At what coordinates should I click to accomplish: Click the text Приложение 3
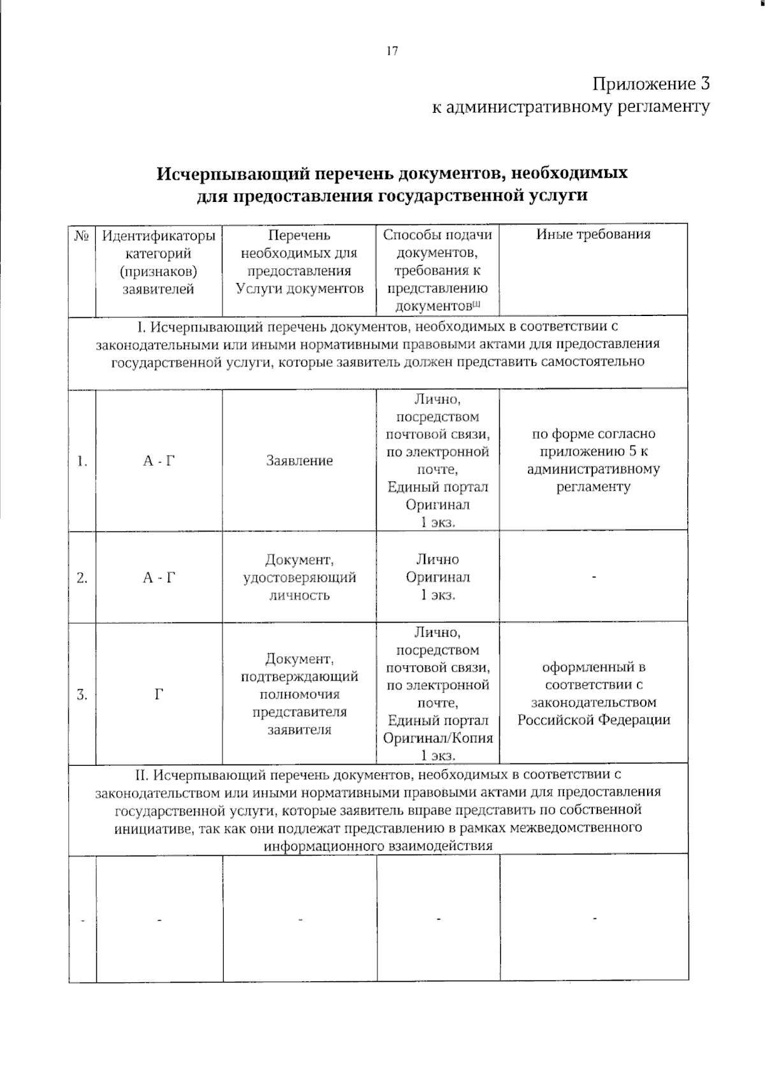click(650, 83)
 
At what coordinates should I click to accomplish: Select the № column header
click(81, 236)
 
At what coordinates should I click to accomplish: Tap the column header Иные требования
click(593, 234)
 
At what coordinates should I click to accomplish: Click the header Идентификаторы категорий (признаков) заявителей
click(159, 262)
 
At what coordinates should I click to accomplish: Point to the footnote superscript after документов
click(476, 304)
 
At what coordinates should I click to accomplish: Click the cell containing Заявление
click(299, 461)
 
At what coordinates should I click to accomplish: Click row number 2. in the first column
click(82, 578)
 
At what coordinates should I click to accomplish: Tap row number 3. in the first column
click(82, 695)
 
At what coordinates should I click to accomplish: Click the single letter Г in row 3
click(159, 695)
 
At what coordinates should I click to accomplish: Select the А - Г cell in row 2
click(159, 578)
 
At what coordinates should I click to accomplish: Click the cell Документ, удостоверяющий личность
click(299, 577)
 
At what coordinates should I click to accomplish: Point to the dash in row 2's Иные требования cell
click(594, 577)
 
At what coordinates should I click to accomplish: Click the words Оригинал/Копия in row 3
click(438, 738)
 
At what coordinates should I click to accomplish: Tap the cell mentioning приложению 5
click(594, 460)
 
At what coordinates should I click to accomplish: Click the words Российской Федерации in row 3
click(594, 720)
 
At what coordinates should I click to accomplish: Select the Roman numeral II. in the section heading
click(142, 775)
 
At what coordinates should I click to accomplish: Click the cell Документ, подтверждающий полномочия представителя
click(299, 694)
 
